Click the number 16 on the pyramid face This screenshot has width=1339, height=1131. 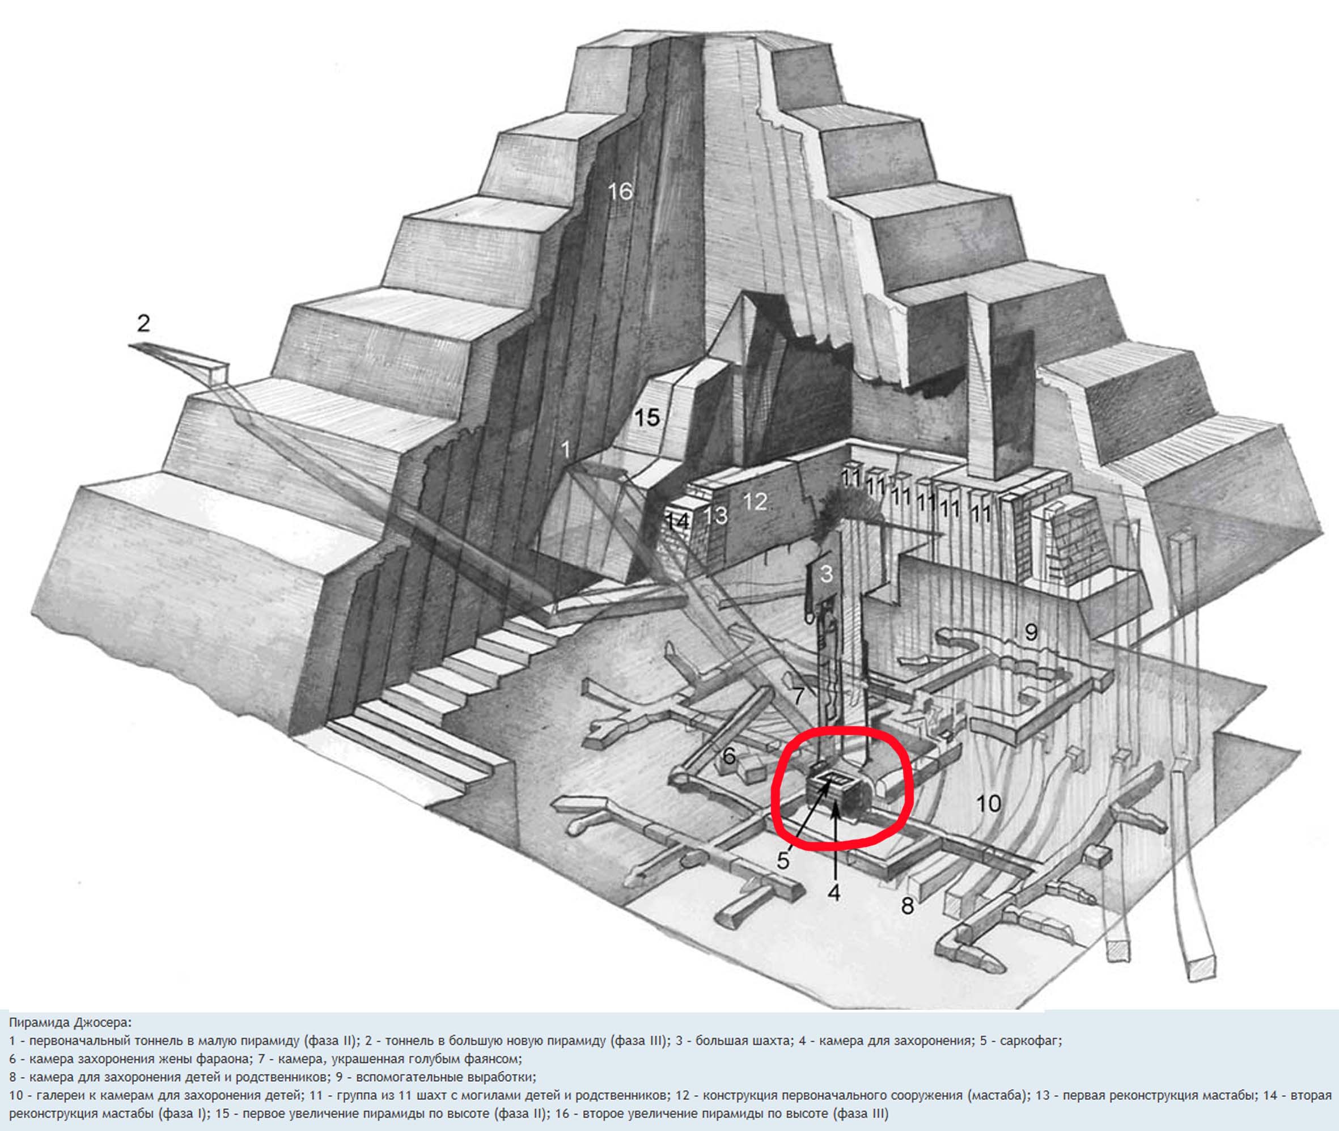[x=620, y=190]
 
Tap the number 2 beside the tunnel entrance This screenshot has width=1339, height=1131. [x=143, y=323]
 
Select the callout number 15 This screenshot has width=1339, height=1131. [x=646, y=418]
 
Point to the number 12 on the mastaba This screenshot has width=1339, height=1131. [x=755, y=501]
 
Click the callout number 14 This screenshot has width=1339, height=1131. [x=677, y=520]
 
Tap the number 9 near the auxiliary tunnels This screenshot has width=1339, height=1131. [x=1031, y=632]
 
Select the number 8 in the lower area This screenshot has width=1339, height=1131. [x=907, y=906]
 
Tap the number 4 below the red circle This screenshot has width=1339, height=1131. [x=833, y=892]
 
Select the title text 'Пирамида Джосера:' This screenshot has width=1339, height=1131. [x=69, y=1022]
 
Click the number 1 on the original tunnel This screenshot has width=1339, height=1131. [x=565, y=450]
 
